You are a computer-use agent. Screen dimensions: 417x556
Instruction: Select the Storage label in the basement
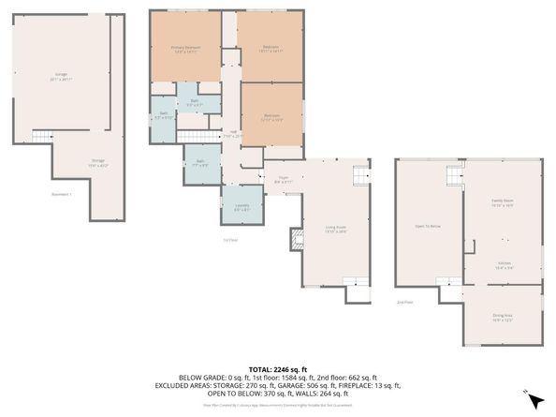(x=97, y=162)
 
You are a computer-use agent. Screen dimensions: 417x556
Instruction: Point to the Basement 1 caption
(x=62, y=194)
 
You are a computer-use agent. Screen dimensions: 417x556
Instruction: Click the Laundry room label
(x=241, y=208)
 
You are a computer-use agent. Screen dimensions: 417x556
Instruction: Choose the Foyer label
(x=283, y=179)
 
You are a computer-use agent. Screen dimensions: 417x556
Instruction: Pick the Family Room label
(x=503, y=202)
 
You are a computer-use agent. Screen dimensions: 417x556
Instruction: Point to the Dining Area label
(x=503, y=316)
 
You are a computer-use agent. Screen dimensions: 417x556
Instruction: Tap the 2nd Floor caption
(x=404, y=302)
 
